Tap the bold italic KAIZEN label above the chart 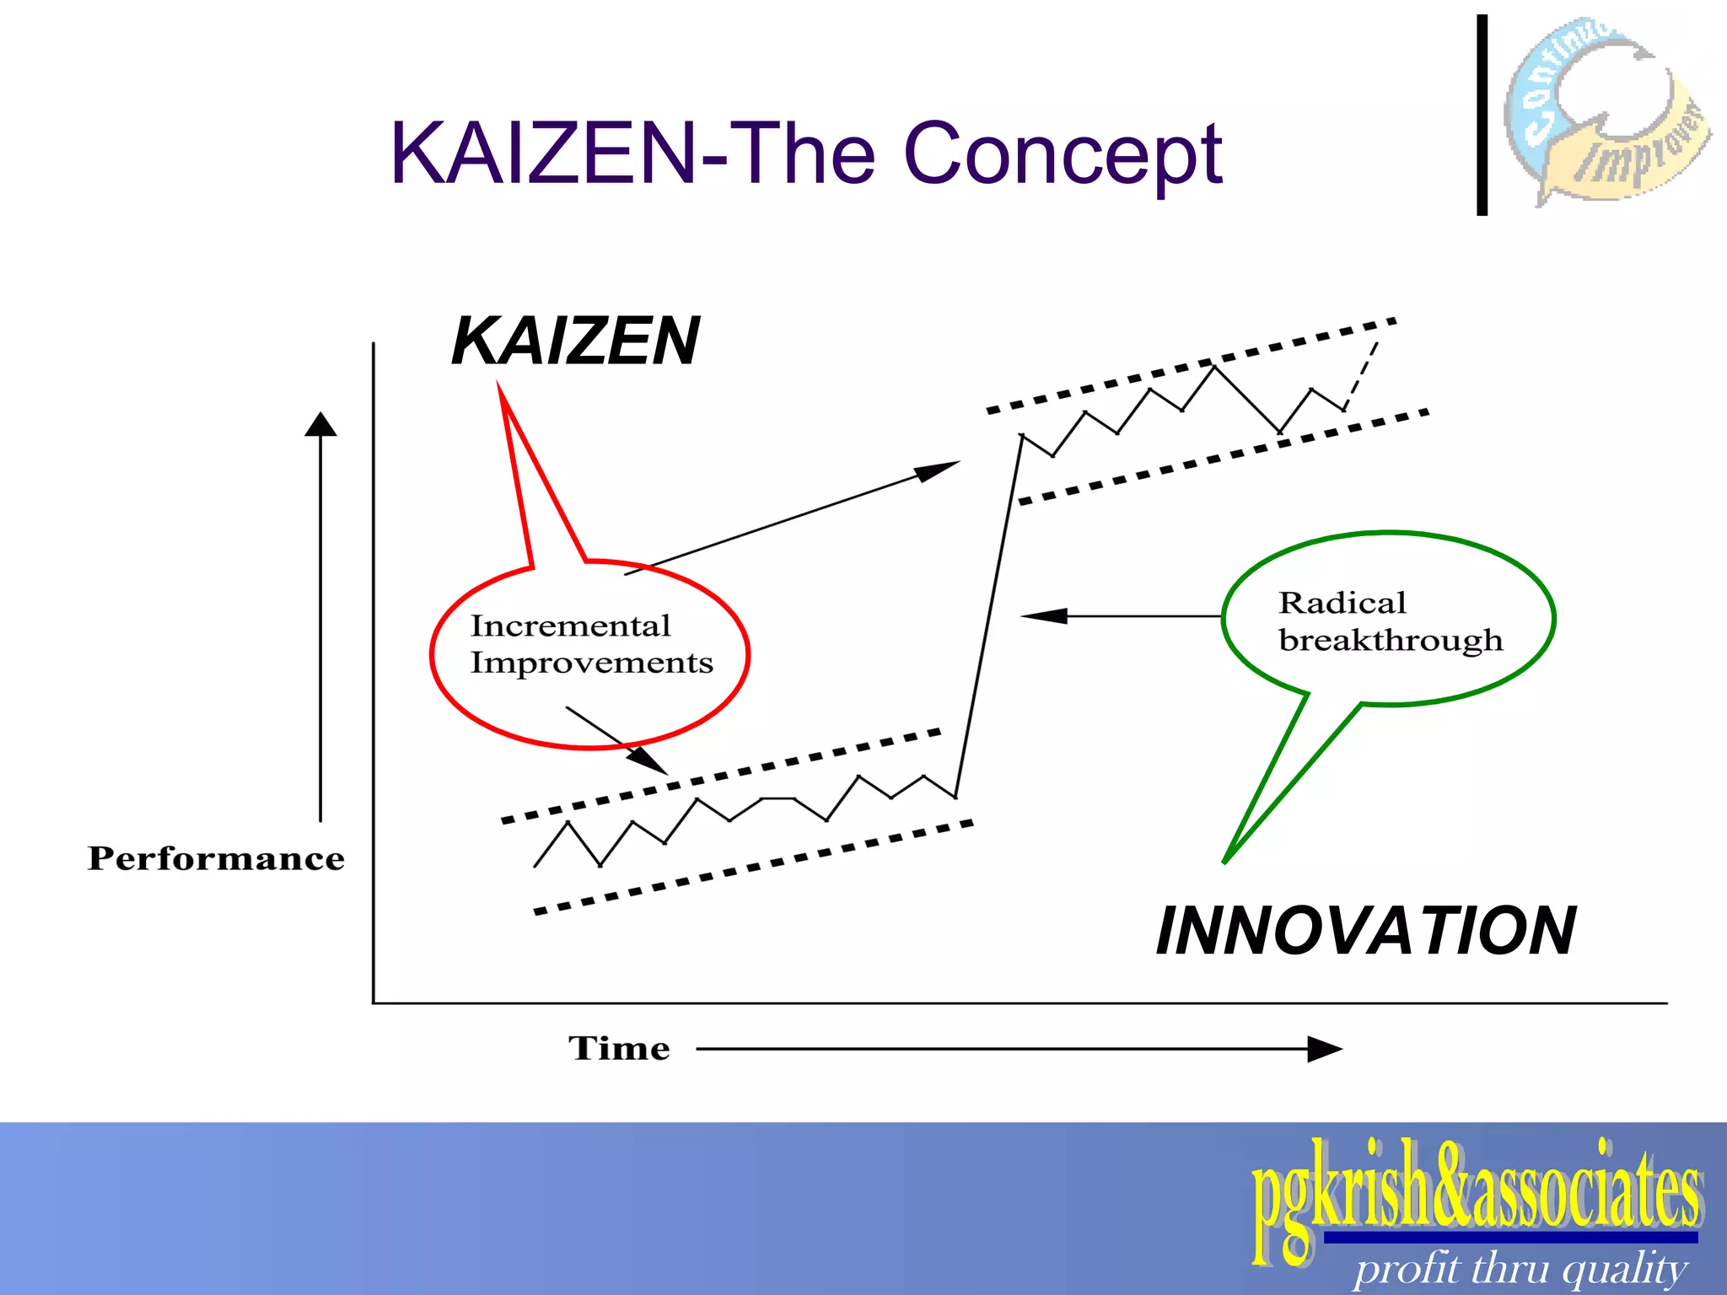575,341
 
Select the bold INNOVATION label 1365,931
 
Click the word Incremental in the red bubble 570,626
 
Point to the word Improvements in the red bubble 591,664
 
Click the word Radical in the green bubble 1342,603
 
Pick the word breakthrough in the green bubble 1391,641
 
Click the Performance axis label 216,858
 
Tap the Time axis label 619,1048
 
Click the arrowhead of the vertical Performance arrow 320,424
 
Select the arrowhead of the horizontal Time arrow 1324,1049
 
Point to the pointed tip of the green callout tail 1225,860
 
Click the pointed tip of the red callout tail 500,386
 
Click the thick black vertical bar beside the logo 1482,116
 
